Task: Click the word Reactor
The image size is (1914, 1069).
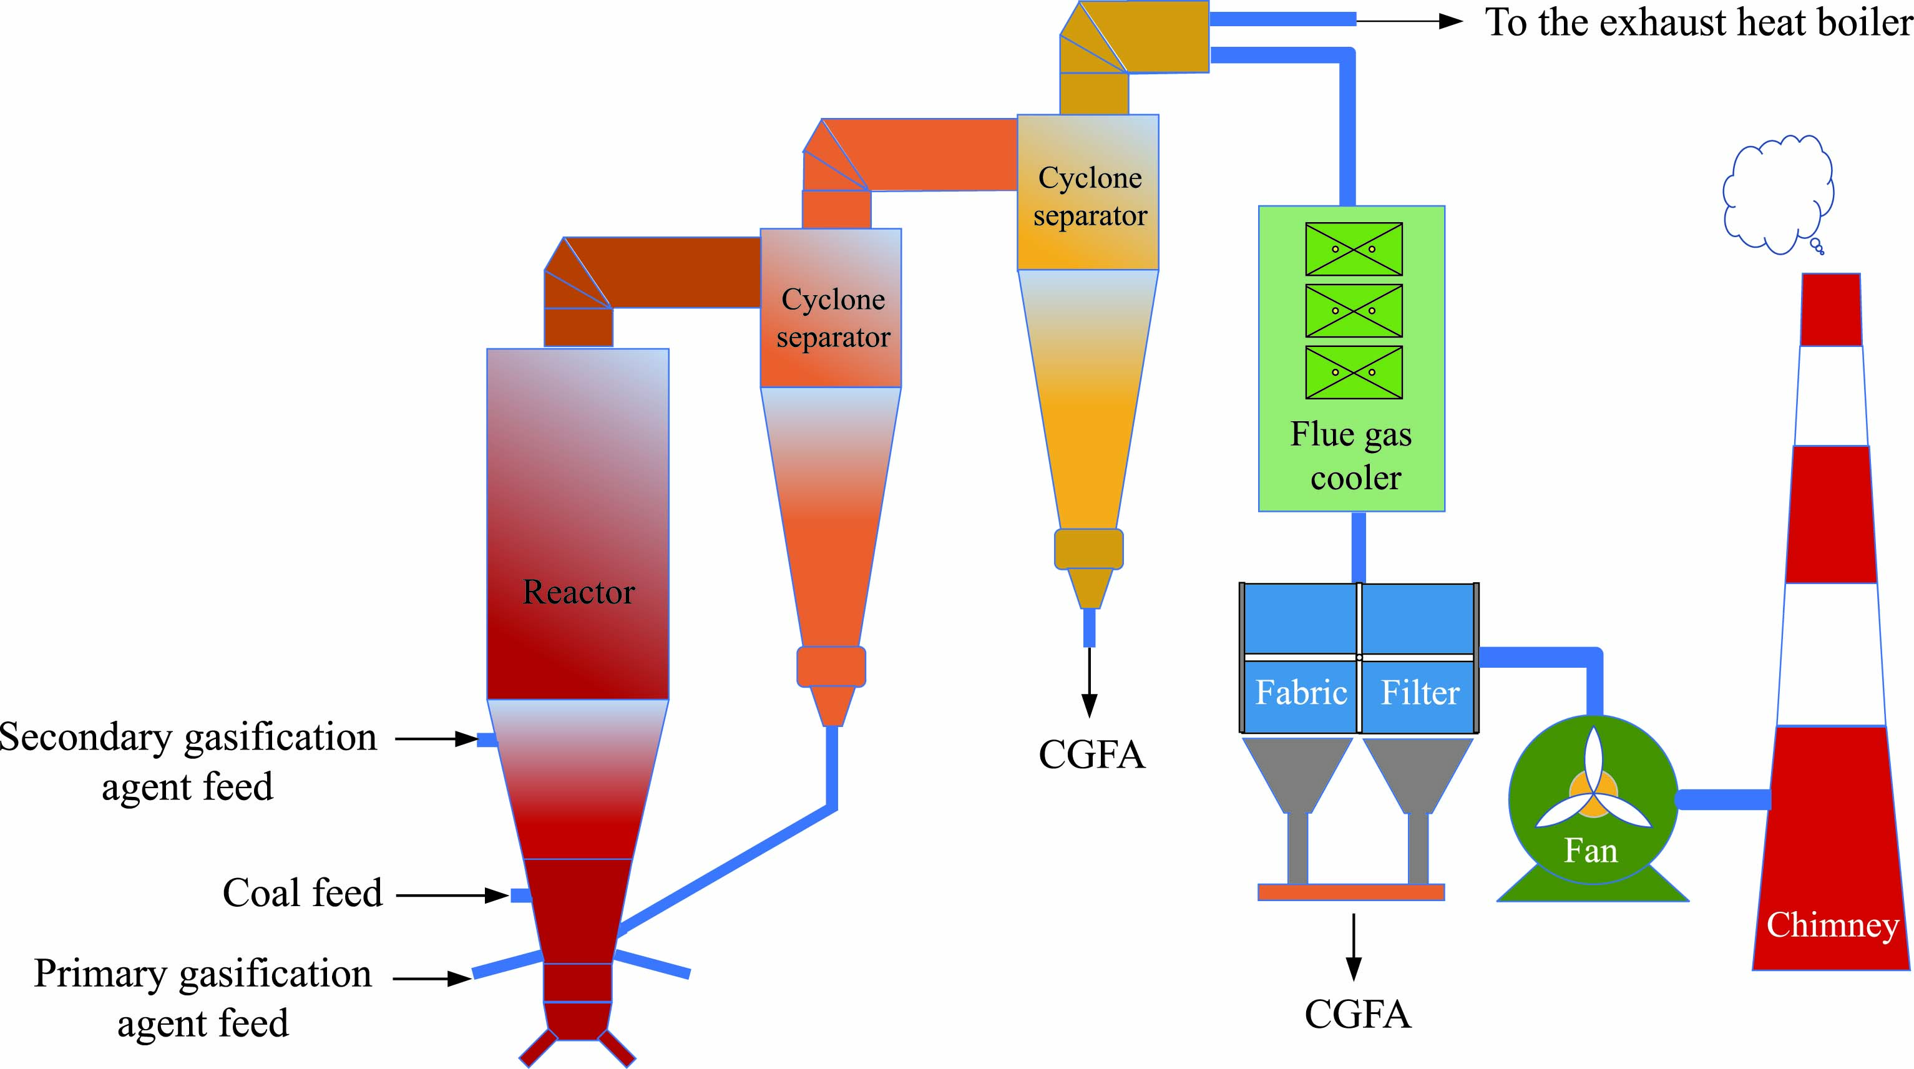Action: (578, 592)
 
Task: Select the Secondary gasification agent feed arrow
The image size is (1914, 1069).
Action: (436, 739)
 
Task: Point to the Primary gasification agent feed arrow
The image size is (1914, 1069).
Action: (432, 979)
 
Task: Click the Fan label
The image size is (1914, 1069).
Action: (1590, 851)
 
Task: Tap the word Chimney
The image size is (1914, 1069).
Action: (1832, 925)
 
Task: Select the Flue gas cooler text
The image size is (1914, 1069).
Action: (1352, 456)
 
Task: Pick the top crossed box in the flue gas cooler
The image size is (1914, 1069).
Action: (1354, 249)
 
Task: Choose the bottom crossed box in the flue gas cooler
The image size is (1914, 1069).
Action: (1354, 372)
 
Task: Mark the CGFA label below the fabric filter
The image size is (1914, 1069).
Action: (1357, 1015)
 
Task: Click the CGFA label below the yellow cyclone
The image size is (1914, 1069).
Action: (1091, 754)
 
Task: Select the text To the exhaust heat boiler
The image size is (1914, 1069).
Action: (1698, 22)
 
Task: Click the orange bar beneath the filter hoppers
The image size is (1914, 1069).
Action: (1351, 892)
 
